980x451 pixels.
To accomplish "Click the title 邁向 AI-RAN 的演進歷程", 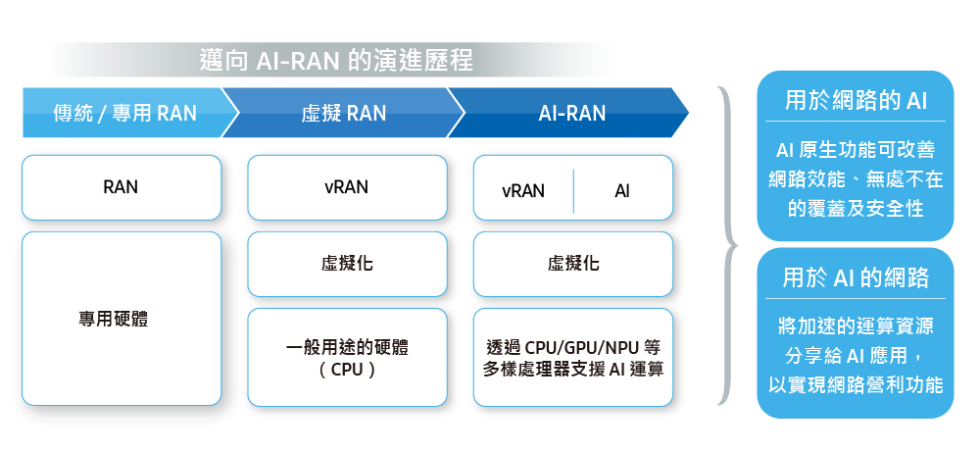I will click(x=336, y=61).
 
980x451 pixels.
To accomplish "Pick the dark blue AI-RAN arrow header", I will click(x=572, y=114).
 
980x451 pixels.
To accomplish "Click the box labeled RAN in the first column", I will click(x=121, y=187).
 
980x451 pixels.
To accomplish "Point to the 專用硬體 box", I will click(x=121, y=319).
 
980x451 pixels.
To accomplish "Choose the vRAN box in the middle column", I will click(x=346, y=187).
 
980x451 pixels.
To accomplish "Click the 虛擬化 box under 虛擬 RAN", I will click(x=346, y=264).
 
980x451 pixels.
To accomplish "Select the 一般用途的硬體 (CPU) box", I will click(x=346, y=358).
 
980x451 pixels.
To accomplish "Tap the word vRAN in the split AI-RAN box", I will click(x=523, y=191).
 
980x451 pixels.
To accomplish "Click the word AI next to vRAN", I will click(x=622, y=191).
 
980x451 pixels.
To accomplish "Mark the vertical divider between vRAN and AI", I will click(x=573, y=191).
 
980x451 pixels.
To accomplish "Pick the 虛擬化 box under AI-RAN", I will click(x=573, y=264).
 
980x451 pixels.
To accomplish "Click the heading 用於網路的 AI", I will click(x=856, y=101).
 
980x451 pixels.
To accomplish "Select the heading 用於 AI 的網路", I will click(x=856, y=278).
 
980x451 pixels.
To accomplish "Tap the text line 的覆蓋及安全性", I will click(x=856, y=209).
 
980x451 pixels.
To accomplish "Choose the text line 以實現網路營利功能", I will click(x=856, y=384).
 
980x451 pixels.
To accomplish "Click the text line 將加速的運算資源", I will click(x=856, y=324).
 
